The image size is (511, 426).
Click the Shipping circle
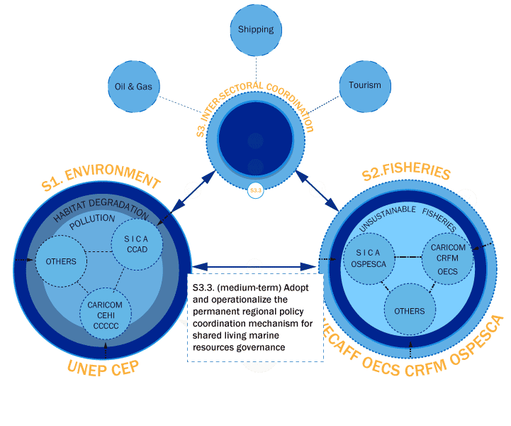pyautogui.click(x=256, y=30)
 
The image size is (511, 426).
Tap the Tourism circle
pyautogui.click(x=364, y=85)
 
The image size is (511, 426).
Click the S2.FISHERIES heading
pyautogui.click(x=405, y=173)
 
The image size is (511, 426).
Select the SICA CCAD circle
pyautogui.click(x=137, y=244)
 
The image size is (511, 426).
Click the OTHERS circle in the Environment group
pyautogui.click(x=60, y=261)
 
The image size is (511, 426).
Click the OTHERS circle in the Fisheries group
pyautogui.click(x=410, y=310)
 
